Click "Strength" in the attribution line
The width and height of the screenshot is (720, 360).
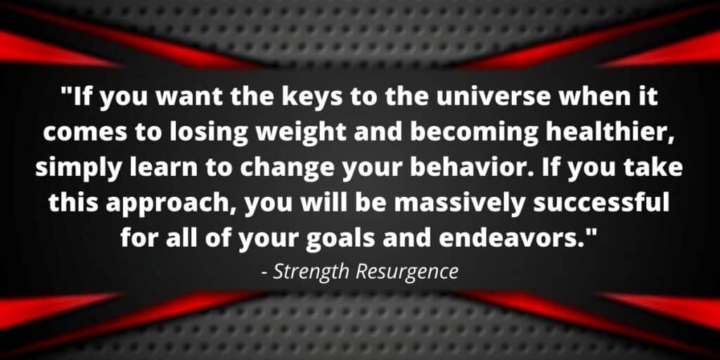coord(311,272)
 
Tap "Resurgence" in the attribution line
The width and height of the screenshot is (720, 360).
coord(407,272)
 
